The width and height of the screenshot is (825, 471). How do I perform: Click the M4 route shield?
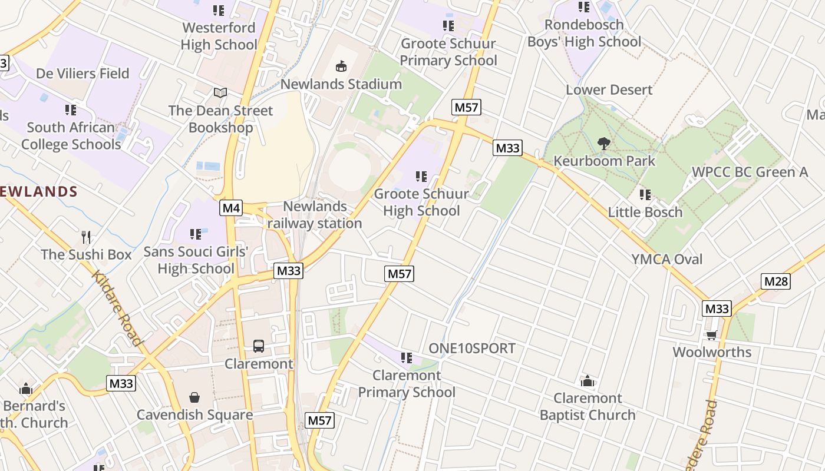(232, 207)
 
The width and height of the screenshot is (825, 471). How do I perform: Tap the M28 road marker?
(775, 281)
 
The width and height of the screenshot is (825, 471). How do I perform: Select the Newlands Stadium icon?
(341, 66)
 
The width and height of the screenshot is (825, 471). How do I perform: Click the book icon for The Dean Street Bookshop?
(220, 93)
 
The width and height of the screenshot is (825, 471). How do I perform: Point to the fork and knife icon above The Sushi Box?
(87, 237)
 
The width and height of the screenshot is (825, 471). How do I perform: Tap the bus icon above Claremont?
(259, 346)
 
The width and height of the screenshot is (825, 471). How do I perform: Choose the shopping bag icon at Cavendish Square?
(194, 398)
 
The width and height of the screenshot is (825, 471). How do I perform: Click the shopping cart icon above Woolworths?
(712, 335)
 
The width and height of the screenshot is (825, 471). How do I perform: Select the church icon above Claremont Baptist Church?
(587, 382)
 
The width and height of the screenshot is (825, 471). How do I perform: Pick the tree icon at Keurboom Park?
(603, 143)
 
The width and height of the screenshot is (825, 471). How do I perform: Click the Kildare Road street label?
(117, 308)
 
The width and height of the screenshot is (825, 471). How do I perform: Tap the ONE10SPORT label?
(472, 348)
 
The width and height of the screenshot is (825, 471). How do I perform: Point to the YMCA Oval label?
(667, 259)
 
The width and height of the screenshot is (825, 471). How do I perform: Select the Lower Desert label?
(609, 90)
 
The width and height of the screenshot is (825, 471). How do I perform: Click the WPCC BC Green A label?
(750, 172)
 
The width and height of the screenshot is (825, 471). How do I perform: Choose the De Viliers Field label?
(82, 74)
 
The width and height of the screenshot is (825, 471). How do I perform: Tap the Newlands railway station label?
(315, 215)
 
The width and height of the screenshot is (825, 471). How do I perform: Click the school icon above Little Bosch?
(645, 194)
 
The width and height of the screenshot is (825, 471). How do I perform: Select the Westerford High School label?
(219, 36)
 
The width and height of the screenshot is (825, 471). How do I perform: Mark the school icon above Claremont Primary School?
(406, 357)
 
